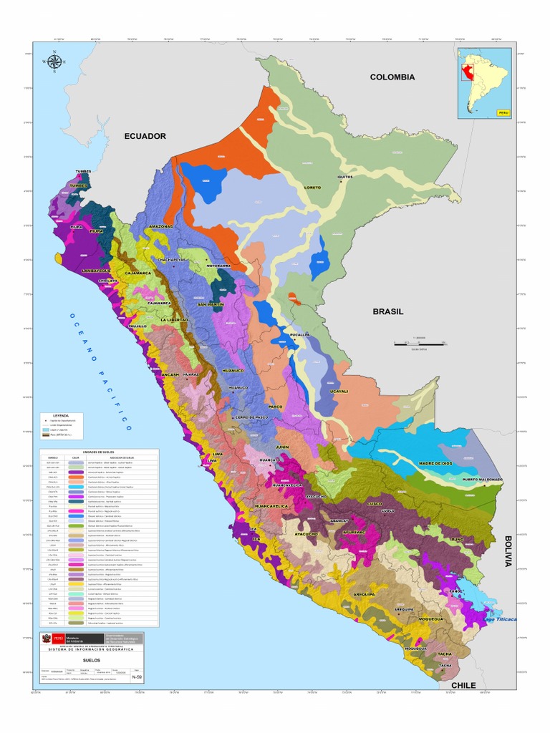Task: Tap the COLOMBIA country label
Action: tap(392, 77)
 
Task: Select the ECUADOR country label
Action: tap(145, 136)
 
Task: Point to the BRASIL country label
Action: tap(388, 311)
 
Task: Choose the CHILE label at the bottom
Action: tap(463, 685)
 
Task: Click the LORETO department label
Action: tap(313, 188)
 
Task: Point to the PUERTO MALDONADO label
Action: tap(482, 480)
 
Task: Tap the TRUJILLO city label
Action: tap(137, 326)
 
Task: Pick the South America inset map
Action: tap(485, 82)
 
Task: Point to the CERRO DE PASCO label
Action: tap(251, 417)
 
